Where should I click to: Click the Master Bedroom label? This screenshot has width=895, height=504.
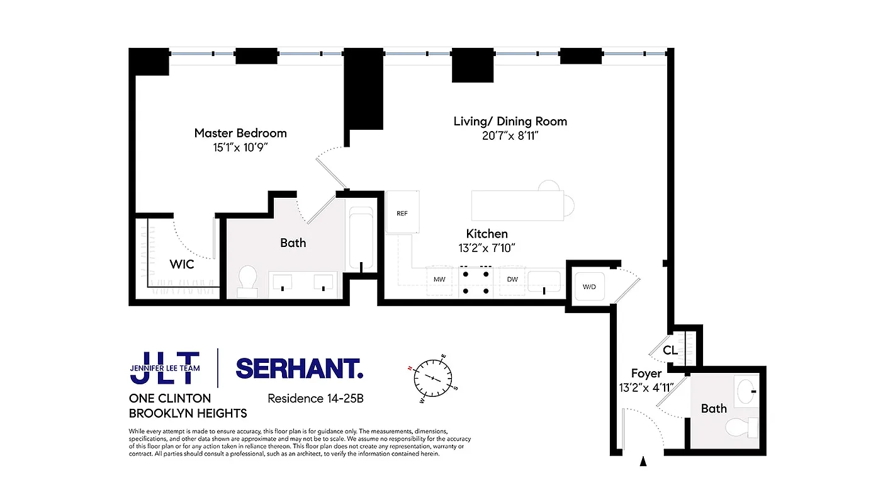(x=240, y=133)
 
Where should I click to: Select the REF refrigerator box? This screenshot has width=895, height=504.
(x=402, y=212)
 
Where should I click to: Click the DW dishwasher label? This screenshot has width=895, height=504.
(x=512, y=278)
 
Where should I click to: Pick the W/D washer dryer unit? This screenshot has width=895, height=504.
(x=589, y=287)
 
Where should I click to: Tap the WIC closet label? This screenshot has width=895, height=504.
(x=182, y=265)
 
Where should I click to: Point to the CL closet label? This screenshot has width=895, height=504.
(x=670, y=350)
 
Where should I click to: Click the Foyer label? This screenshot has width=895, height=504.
(x=646, y=374)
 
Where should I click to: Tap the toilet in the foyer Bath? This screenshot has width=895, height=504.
(x=740, y=428)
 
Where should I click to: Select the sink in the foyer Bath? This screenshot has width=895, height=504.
(x=747, y=388)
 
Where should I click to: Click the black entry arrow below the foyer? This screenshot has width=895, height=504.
(x=643, y=462)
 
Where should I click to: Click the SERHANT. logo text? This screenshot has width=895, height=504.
(x=299, y=369)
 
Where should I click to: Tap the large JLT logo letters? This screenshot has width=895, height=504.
(x=165, y=368)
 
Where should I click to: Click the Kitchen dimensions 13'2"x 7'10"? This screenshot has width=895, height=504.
(x=487, y=248)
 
